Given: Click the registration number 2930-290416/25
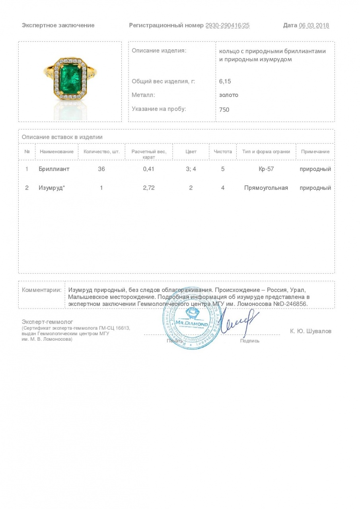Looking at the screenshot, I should [228, 25].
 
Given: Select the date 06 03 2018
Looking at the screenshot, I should [314, 25].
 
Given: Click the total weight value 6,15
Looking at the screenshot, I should [225, 81].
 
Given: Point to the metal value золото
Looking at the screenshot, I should [229, 95].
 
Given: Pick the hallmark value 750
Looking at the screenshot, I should [224, 109].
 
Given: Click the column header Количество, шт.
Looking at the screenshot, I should [101, 152].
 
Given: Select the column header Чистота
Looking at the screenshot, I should [223, 152].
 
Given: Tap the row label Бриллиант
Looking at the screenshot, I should [54, 169].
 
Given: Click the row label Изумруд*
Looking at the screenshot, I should [51, 188].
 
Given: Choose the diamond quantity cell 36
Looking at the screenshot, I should [101, 169].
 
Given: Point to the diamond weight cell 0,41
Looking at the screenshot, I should [148, 169].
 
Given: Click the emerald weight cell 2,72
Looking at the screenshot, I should [148, 188].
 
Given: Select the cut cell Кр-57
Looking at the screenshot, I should [266, 169].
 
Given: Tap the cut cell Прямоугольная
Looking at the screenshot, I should [266, 188].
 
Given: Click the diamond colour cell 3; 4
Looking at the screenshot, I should [191, 169].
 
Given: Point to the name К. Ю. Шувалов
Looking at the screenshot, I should [311, 331].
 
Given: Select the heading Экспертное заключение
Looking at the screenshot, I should [58, 25].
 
